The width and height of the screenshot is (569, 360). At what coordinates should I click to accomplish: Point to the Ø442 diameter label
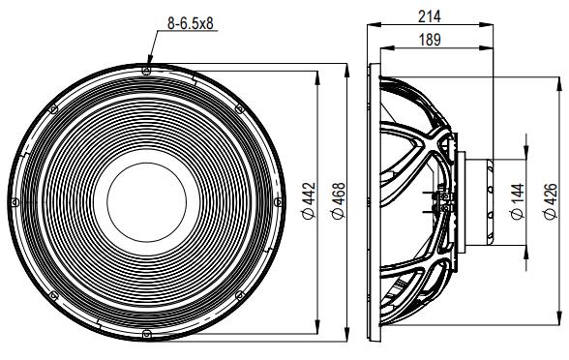[x=308, y=200]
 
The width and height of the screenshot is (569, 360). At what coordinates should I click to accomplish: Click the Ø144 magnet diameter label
[x=514, y=201]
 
